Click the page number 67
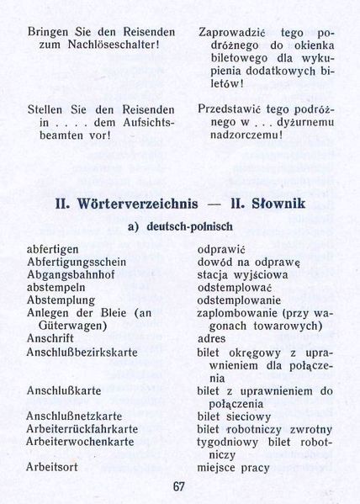point(178,486)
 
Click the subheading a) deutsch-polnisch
point(180,226)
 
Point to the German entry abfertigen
point(53,250)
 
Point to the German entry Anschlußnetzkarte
point(75,416)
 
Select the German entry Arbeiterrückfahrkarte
point(81,428)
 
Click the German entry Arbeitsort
point(52,466)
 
